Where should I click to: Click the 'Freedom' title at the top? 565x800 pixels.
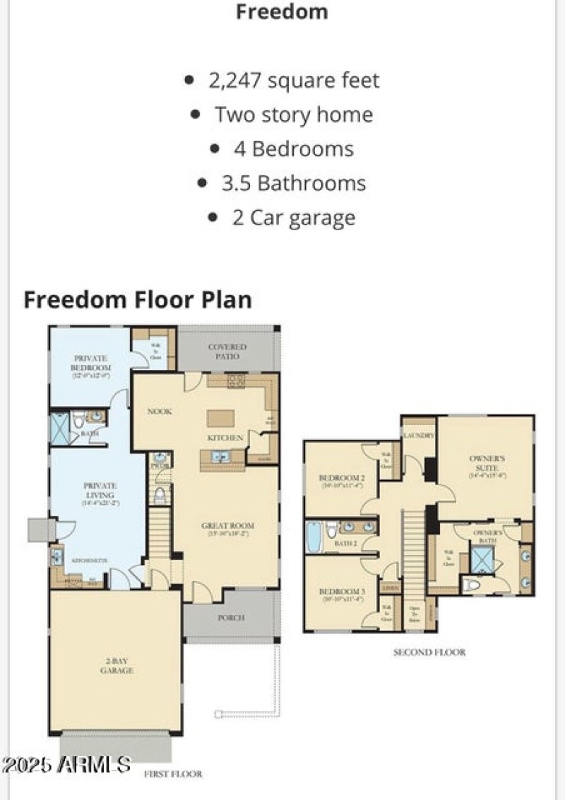click(282, 12)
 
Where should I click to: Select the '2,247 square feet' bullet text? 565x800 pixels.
click(294, 80)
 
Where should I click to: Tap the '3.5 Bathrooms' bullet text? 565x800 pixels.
click(294, 184)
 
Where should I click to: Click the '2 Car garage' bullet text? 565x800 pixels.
click(294, 217)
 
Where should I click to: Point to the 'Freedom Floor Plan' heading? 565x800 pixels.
click(138, 299)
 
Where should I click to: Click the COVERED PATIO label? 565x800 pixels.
click(227, 351)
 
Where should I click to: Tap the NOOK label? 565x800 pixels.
click(160, 411)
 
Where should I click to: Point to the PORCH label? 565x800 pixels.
click(231, 617)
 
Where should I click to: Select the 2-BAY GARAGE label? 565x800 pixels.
click(117, 666)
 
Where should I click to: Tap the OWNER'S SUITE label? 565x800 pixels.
click(487, 467)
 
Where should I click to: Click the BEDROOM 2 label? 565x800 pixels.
click(341, 481)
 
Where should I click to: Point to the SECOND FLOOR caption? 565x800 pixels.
click(429, 652)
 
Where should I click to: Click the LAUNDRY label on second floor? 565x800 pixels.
click(419, 436)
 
